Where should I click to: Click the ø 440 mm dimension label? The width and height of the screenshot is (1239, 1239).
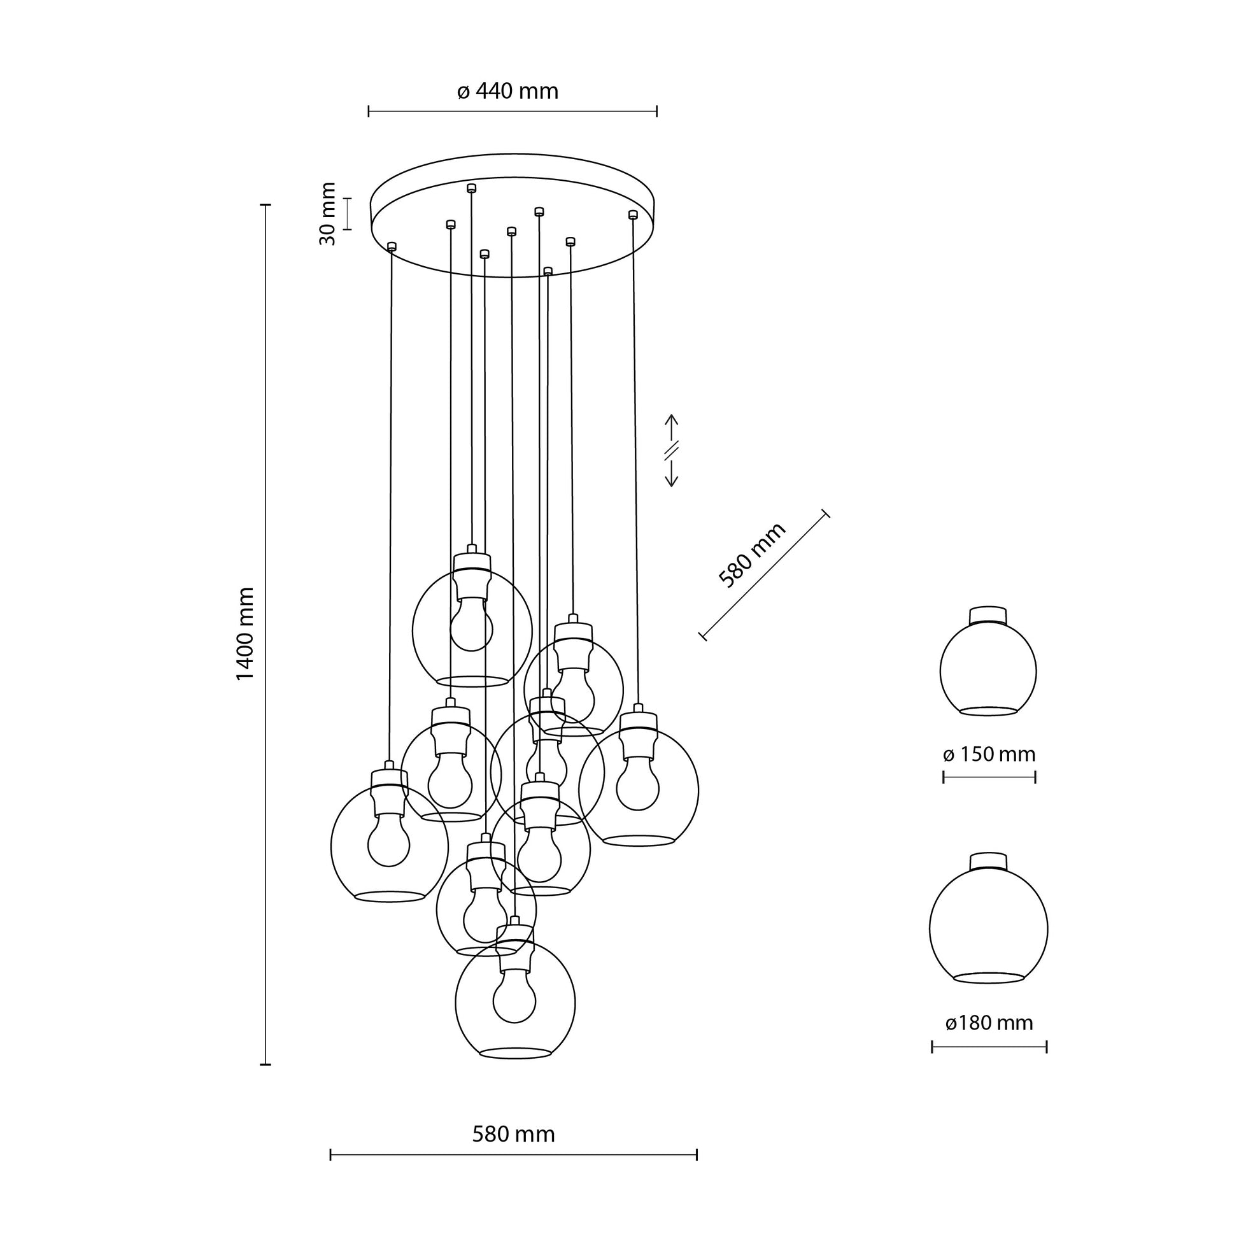coord(508,92)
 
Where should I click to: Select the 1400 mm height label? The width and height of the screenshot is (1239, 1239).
coord(246,634)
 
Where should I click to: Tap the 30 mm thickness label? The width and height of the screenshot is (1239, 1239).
coord(328,213)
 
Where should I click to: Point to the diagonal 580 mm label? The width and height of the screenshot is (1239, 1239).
coord(751,555)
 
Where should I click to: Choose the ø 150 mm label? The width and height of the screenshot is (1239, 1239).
coord(989,754)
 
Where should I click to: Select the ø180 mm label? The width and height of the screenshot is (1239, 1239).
coord(989,1023)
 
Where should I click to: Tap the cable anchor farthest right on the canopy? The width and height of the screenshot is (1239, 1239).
coord(633,214)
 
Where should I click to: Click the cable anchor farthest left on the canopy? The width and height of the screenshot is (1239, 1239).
coord(392,246)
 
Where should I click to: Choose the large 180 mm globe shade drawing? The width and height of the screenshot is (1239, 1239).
coord(988,928)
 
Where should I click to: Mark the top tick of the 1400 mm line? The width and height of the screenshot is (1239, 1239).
coord(265,204)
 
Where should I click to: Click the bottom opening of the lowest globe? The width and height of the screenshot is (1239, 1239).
coord(516,1053)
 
